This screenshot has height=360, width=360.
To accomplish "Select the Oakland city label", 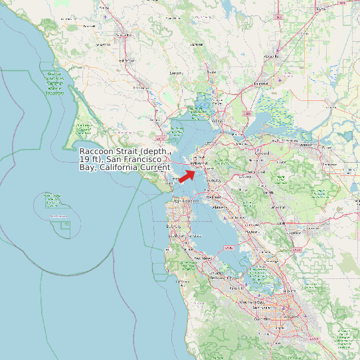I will (213, 197).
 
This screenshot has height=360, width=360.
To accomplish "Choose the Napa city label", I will (211, 71).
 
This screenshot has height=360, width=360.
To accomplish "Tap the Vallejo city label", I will (217, 122).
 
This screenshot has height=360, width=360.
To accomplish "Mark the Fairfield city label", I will (260, 84).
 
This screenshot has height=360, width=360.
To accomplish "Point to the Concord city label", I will (254, 158).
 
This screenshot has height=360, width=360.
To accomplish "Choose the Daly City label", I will (174, 226).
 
